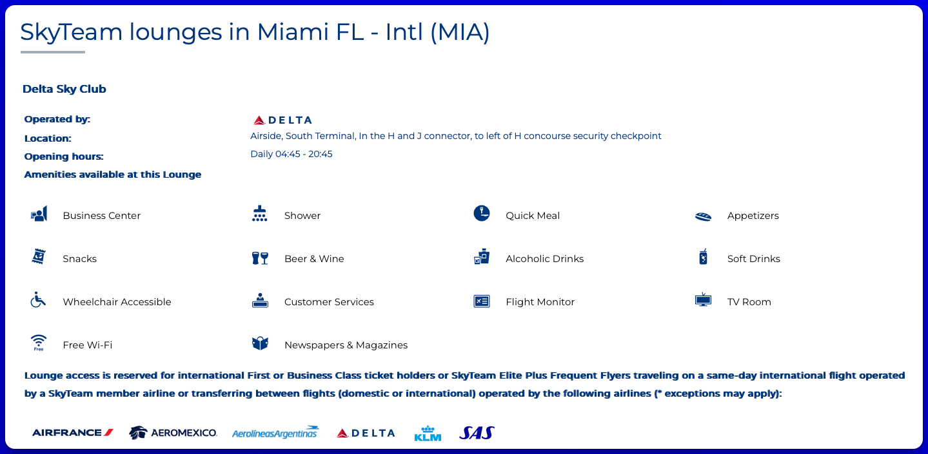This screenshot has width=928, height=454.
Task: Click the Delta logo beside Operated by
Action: point(282,120)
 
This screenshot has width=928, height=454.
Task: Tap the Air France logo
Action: point(73,433)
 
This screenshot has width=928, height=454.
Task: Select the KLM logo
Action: point(428,433)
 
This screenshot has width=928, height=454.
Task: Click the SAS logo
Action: point(477,433)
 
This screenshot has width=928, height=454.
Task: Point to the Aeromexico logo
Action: point(173,433)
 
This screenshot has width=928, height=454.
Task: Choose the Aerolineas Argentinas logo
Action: point(275,432)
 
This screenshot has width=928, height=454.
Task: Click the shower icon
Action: point(260,214)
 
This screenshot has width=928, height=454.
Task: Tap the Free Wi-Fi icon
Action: point(39,343)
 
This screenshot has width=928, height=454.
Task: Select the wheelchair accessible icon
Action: point(38,299)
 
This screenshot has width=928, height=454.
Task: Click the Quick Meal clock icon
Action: point(481,213)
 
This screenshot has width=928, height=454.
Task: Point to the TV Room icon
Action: point(703,299)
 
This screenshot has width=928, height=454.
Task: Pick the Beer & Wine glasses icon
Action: point(260,258)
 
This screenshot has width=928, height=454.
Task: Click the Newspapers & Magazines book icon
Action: point(260,343)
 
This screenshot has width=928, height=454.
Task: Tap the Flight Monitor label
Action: point(540,302)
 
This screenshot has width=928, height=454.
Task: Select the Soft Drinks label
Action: point(754,259)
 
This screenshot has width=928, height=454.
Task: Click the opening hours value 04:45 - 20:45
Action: point(304,154)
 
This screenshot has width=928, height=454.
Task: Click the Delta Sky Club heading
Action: point(64,89)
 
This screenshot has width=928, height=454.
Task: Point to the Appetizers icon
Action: point(703,216)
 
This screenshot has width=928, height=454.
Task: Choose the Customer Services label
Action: point(329,302)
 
